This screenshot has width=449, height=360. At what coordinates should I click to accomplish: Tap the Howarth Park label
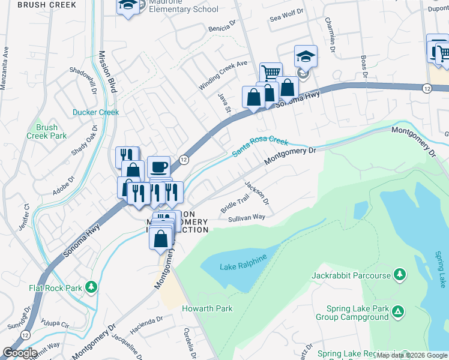point(207,308)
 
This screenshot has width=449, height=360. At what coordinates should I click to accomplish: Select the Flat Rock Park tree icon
point(91,287)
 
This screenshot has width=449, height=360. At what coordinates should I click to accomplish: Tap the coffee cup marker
point(158,166)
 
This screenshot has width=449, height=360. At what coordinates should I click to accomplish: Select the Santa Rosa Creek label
point(260,147)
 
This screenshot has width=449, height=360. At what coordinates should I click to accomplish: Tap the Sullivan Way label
point(246,218)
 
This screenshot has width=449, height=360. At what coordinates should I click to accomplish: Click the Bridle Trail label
point(235,204)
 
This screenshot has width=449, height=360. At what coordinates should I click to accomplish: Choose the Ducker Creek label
point(96,112)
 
